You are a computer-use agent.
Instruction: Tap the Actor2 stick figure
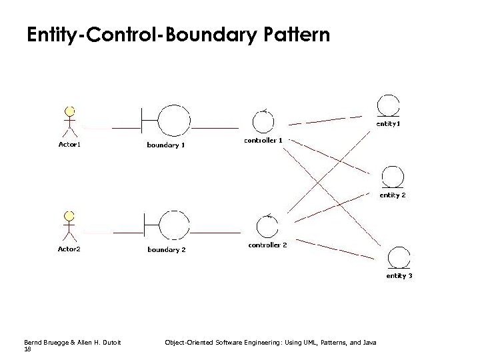pyautogui.click(x=69, y=225)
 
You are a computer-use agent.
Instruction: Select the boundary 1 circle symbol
pyautogui.click(x=174, y=121)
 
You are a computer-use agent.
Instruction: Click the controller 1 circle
pyautogui.click(x=263, y=121)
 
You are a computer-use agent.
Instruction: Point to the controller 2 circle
pyautogui.click(x=267, y=227)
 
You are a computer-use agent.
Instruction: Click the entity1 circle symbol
pyautogui.click(x=388, y=105)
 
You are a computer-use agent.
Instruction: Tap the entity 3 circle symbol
pyautogui.click(x=399, y=257)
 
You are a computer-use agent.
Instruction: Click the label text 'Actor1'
pyautogui.click(x=69, y=144)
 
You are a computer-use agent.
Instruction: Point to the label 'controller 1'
pyautogui.click(x=263, y=141)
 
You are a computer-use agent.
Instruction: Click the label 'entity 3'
pyautogui.click(x=400, y=275)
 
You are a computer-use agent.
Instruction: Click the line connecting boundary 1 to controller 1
pyautogui.click(x=215, y=127)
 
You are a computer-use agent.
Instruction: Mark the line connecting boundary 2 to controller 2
pyautogui.click(x=215, y=233)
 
